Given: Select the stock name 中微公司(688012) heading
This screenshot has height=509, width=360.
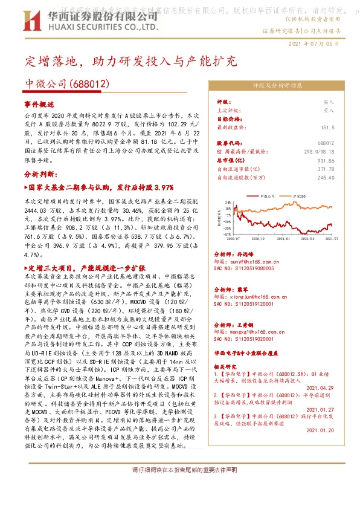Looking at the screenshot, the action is (66, 83).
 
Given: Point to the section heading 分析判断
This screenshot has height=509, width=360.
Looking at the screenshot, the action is (40, 172).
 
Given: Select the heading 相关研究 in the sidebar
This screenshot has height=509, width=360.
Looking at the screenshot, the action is (227, 366).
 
